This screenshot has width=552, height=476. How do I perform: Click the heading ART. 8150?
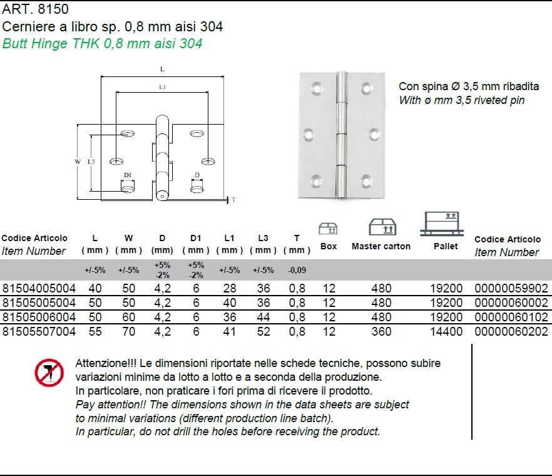[35, 9]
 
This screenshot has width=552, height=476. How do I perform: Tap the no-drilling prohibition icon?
[48, 373]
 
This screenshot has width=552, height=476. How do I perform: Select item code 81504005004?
[39, 289]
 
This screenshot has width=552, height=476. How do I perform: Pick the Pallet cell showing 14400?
[446, 332]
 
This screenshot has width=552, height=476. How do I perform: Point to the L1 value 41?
[229, 332]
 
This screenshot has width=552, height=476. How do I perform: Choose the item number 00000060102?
[511, 318]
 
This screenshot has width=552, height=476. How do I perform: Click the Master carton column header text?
[381, 246]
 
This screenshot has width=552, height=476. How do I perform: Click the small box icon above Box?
[328, 228]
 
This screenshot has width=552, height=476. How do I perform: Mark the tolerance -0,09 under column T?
[296, 271]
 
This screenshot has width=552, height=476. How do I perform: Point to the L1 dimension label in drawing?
[162, 88]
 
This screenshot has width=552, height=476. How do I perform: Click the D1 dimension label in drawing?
[127, 175]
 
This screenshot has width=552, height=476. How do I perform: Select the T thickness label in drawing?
[233, 200]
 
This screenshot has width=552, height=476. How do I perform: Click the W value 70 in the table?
[128, 332]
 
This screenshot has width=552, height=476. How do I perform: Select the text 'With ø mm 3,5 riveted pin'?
[461, 100]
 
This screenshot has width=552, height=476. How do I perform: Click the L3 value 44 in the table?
[263, 318]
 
